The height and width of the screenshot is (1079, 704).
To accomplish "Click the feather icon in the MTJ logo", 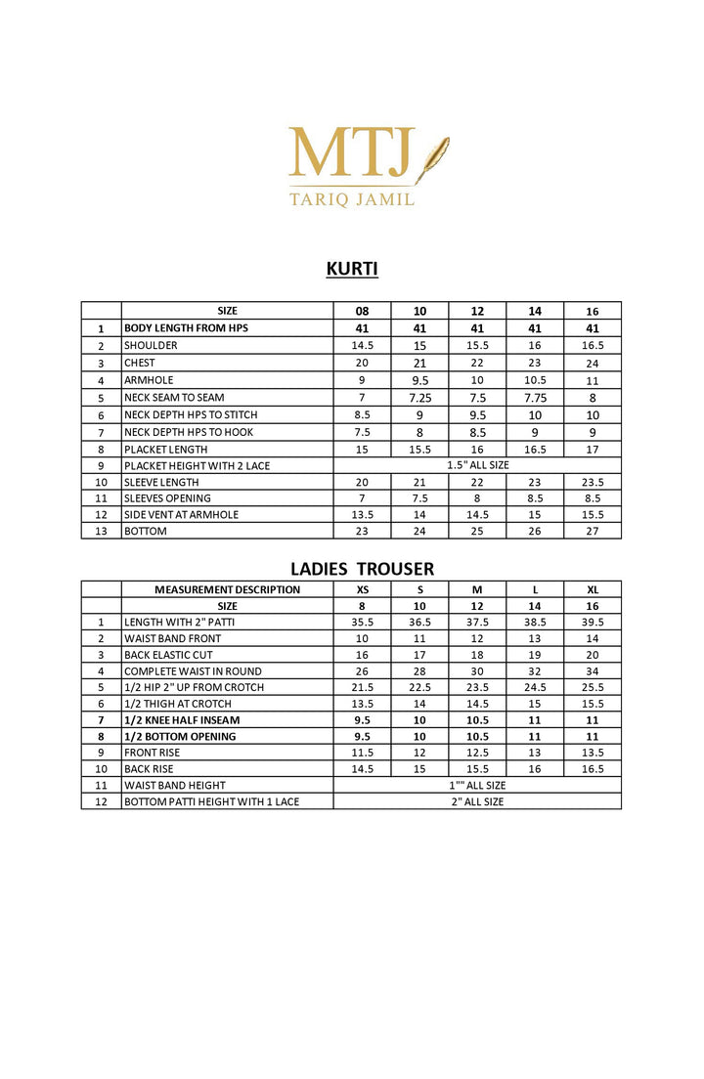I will [x=431, y=159].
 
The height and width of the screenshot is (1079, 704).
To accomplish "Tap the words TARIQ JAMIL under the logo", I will [x=352, y=199].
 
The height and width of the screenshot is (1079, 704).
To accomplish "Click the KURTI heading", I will [x=352, y=269].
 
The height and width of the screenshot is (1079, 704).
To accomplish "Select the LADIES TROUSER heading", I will [x=362, y=569].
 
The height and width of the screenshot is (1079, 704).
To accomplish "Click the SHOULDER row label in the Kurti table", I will [x=152, y=346].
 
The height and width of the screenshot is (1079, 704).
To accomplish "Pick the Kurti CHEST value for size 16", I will [x=593, y=363].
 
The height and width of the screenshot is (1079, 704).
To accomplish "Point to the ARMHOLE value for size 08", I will [x=362, y=380].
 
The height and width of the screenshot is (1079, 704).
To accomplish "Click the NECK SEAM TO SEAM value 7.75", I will [x=535, y=397].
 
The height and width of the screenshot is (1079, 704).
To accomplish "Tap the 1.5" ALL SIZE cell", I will [x=477, y=465].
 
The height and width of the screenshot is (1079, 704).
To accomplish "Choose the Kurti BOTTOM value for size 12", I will [x=477, y=532].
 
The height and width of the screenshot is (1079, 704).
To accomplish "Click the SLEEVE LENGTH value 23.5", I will [x=593, y=482].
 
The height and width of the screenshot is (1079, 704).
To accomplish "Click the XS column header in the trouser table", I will [x=362, y=589].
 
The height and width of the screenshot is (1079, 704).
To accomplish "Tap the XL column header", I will [x=593, y=589].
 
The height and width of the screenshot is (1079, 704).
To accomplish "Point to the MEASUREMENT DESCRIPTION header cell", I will [x=227, y=589].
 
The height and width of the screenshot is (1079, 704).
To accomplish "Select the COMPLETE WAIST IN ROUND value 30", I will [x=477, y=671].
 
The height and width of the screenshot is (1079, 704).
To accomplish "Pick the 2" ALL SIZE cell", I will [x=477, y=801].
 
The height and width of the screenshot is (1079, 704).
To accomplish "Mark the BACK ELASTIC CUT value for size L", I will [x=535, y=655].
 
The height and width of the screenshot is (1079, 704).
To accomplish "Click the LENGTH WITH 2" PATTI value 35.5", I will [x=362, y=622].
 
